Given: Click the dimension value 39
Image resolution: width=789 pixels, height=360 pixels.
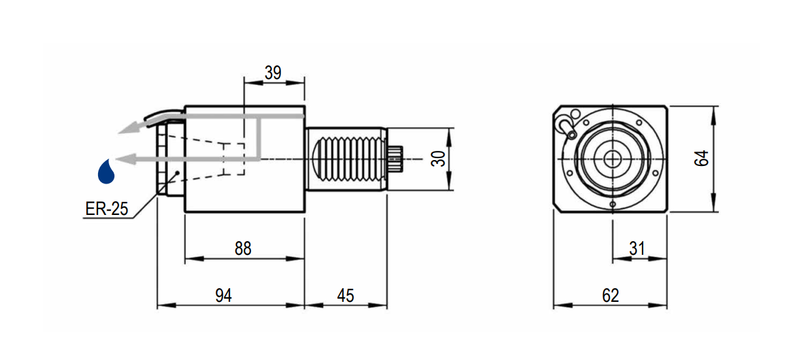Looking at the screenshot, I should pos(273,73).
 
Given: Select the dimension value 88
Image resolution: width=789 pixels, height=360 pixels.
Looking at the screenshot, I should pos(243,248).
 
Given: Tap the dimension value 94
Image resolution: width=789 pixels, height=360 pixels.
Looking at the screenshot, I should pos(224,295).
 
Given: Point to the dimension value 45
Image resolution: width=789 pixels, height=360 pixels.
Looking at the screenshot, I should pos(345,295).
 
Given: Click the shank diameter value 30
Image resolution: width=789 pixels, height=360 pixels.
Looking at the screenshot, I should pos(439,158).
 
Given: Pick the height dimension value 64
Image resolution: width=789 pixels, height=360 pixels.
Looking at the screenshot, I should pos(702,158).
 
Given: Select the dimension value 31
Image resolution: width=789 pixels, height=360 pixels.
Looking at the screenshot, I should pos(637,248).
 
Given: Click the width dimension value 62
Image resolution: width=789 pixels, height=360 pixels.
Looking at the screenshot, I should pos(610,295).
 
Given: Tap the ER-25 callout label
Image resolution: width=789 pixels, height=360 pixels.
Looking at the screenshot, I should pos(107,209).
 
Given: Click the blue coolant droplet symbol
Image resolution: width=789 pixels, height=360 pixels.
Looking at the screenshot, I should pos(106,171).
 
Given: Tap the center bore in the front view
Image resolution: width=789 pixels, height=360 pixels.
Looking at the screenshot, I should pos(613,158).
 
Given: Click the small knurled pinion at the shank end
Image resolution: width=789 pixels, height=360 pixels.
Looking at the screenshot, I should pos(397,159).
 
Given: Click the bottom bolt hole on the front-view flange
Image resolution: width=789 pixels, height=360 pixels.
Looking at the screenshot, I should pos(613,204).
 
